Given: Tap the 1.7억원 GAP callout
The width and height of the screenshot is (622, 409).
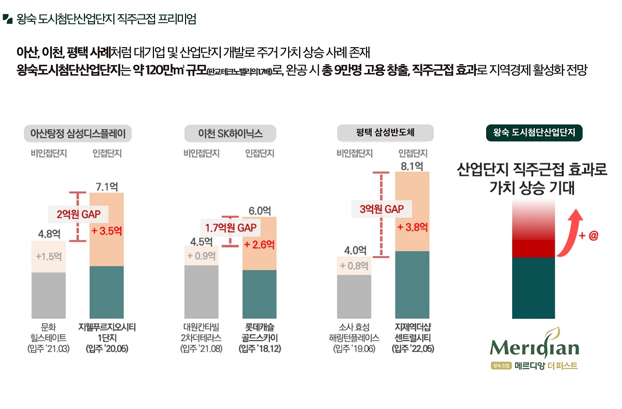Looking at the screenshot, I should click(231, 227).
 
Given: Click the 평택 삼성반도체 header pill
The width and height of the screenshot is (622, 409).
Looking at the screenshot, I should click(385, 133).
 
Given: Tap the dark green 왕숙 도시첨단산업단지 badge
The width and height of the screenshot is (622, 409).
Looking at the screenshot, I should click(534, 133).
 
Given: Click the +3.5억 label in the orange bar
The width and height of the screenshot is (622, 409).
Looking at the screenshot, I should click(106, 231).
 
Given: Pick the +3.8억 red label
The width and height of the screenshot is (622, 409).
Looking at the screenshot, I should click(413, 227).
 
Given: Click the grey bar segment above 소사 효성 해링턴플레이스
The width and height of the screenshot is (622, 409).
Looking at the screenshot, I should click(355, 296).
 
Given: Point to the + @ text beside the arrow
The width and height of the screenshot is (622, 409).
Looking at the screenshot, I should click(589, 236).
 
